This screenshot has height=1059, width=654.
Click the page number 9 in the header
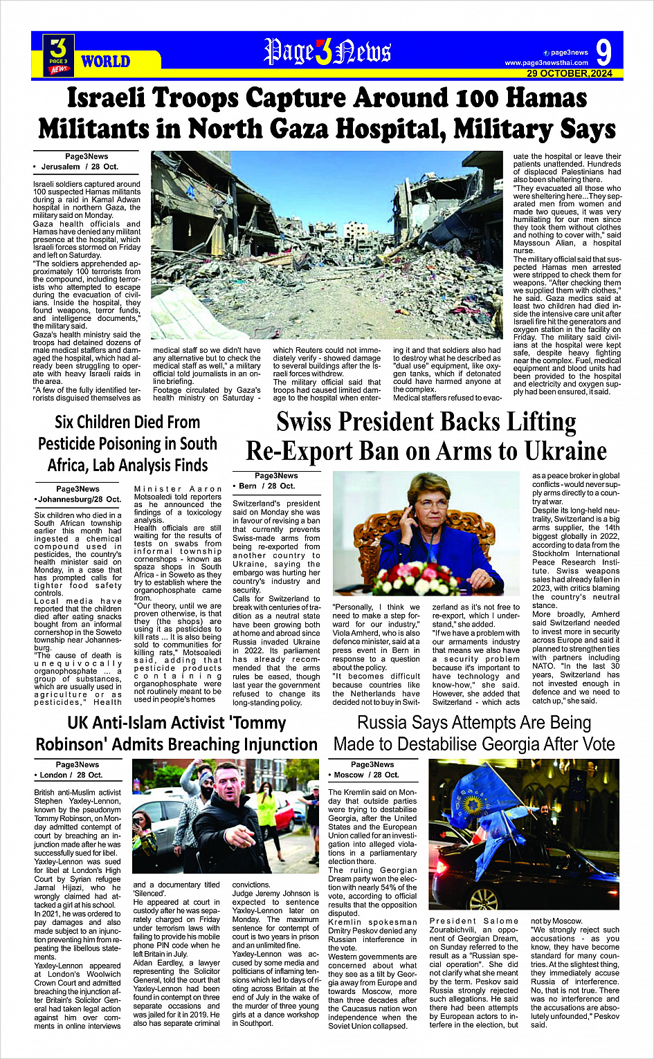click(x=603, y=53)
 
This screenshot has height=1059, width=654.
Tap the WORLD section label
click(x=105, y=62)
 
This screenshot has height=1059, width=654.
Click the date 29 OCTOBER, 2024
click(x=570, y=73)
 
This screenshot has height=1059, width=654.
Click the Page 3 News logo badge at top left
click(x=59, y=55)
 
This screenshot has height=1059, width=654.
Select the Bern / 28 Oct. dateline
click(x=266, y=486)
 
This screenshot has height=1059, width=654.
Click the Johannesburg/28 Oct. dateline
click(x=78, y=499)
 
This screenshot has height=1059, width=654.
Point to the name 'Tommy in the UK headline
click(x=251, y=723)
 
